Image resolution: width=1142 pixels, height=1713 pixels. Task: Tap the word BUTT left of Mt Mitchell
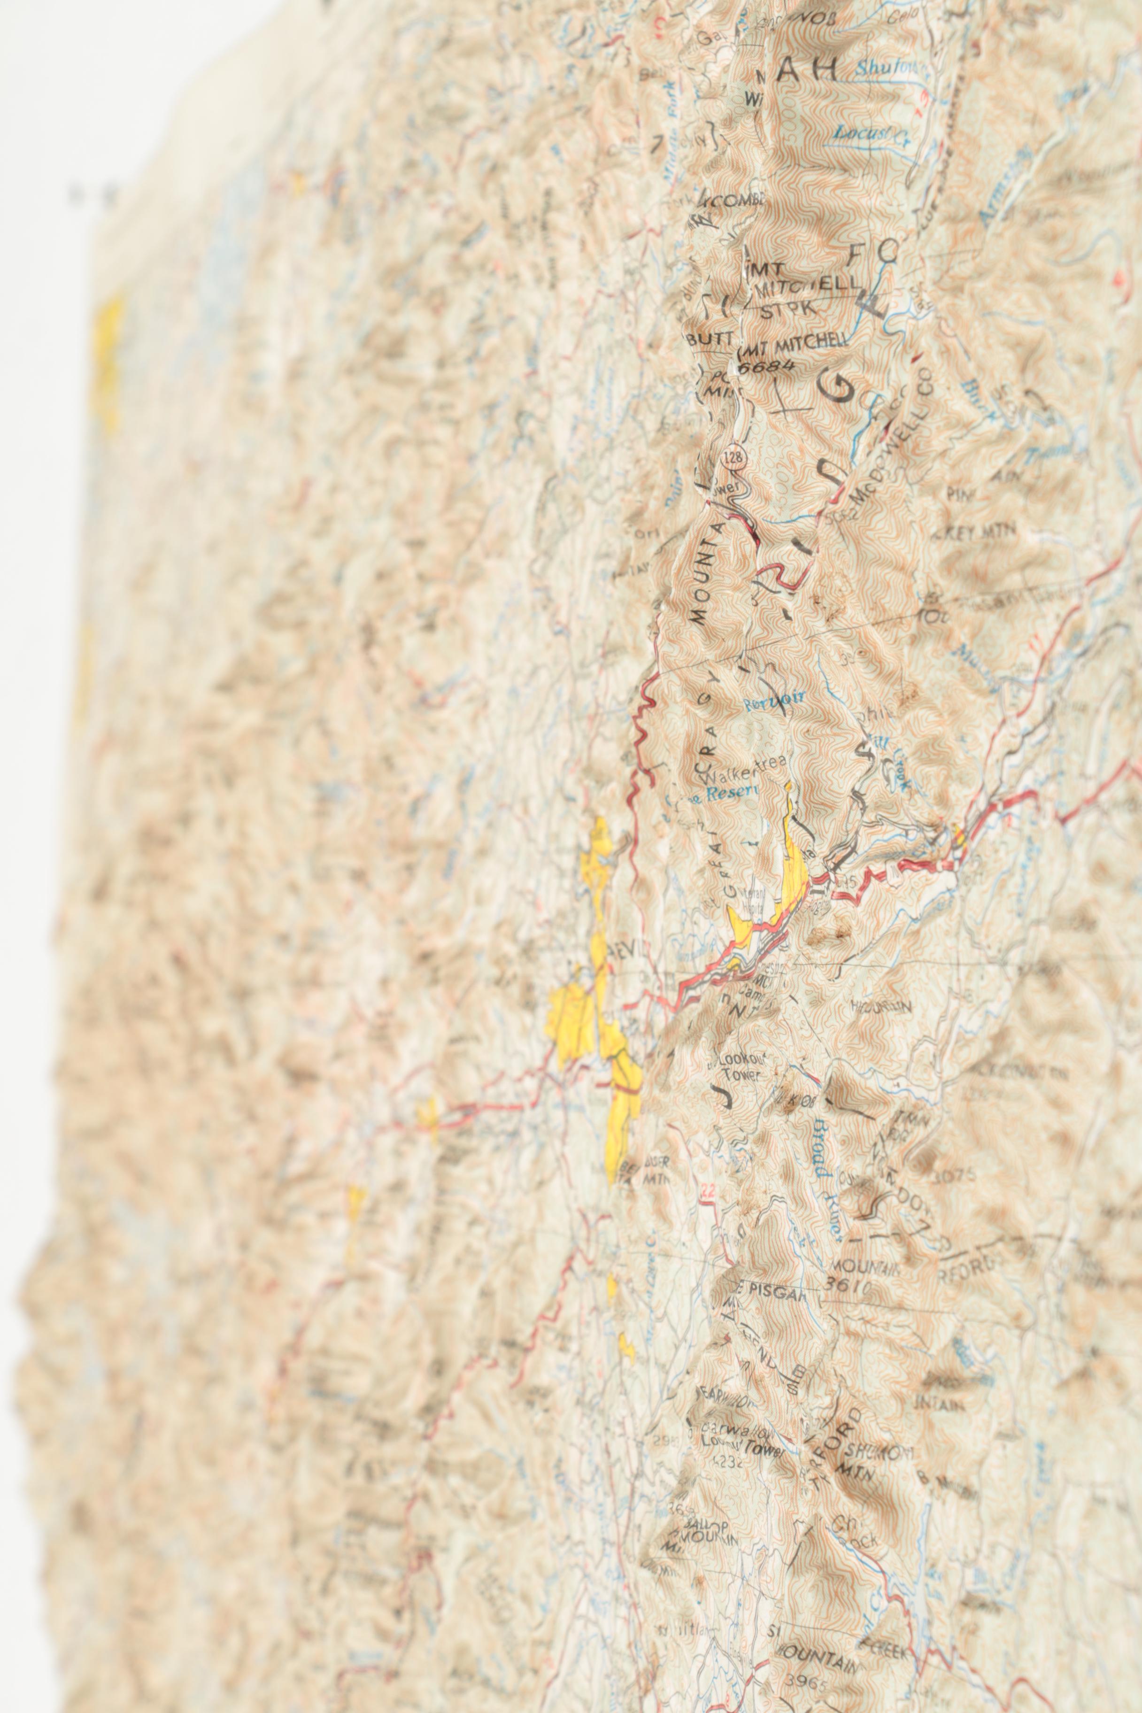[710, 339]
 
